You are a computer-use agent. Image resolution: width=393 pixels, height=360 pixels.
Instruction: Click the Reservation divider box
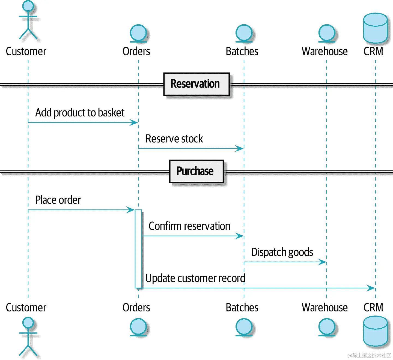196,84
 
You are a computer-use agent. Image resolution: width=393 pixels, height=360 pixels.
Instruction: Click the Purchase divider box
196,171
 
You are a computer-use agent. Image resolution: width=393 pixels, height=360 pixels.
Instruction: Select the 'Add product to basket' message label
80,113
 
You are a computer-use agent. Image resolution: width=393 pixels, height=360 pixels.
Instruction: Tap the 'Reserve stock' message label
174,139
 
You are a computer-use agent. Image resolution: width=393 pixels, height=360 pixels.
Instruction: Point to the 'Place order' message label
58,200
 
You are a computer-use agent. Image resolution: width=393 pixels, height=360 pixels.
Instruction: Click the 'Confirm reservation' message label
189,226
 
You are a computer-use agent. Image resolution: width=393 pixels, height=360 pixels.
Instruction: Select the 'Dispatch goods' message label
282,252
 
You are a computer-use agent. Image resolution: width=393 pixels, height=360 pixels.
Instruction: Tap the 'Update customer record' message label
195,278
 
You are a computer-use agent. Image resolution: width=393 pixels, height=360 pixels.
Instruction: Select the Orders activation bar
138,249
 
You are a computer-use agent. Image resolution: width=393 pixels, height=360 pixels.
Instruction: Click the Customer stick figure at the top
28,20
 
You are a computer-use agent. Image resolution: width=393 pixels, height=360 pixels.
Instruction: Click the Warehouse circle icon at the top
327,33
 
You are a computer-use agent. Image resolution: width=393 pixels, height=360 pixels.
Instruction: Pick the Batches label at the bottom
242,308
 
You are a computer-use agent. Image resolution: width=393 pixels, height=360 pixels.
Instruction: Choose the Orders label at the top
136,52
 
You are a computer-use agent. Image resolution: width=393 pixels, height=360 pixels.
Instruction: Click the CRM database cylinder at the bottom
376,331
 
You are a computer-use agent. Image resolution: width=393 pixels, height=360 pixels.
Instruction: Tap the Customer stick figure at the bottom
28,337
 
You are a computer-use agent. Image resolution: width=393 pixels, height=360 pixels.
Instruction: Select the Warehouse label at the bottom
324,308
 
